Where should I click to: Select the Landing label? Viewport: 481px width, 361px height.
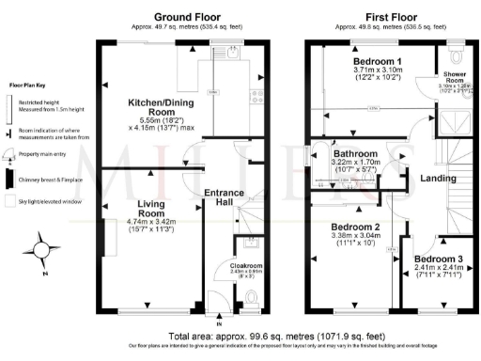(x=437, y=178)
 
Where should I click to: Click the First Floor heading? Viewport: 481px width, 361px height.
(x=393, y=17)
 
